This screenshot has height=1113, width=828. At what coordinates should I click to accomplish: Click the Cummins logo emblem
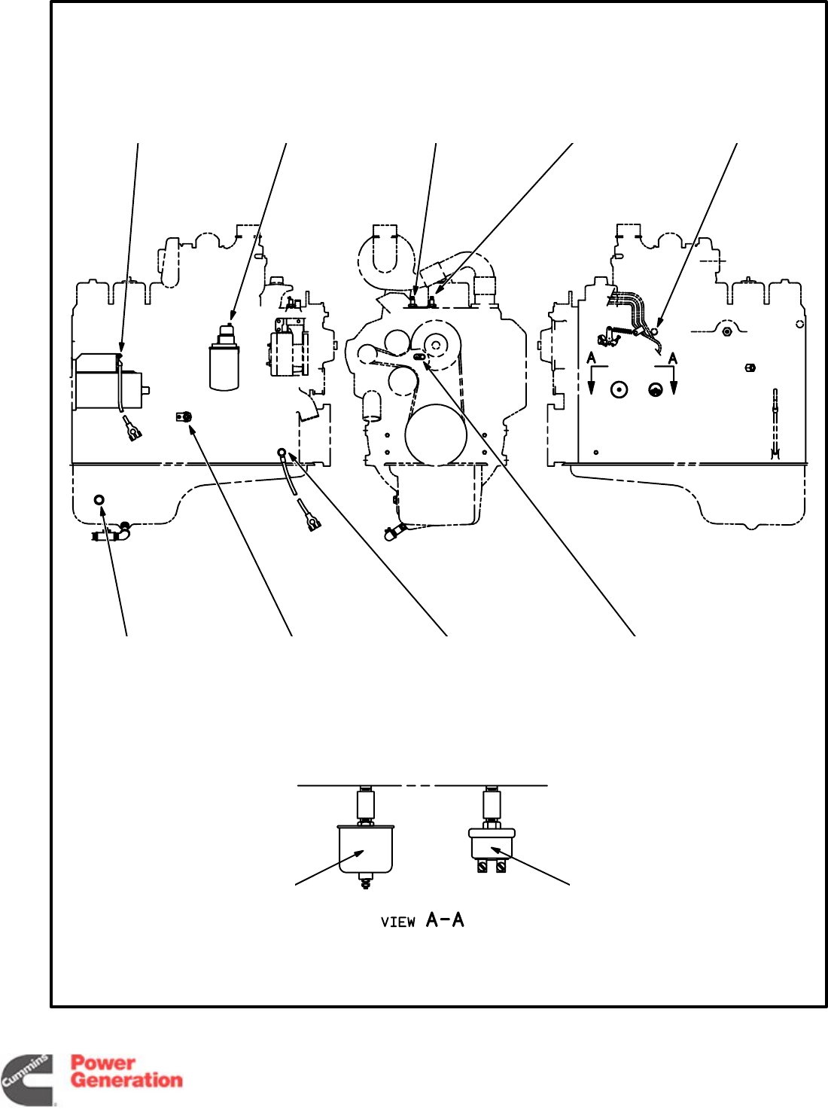point(27,1080)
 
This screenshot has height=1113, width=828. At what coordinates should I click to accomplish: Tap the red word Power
point(103,1063)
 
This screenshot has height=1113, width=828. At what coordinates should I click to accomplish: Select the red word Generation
point(126,1081)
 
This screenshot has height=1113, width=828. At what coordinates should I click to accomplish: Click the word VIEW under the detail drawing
point(397,922)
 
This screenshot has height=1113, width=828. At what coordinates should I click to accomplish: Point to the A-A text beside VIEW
point(445,919)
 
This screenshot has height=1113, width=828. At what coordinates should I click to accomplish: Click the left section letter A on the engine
point(592,358)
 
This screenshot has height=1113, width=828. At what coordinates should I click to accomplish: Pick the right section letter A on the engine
point(673,358)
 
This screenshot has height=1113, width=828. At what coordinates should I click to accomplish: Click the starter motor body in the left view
point(105,382)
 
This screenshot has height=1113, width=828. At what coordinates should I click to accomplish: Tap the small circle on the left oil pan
point(99,500)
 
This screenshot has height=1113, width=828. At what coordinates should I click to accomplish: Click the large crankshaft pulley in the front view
point(436,435)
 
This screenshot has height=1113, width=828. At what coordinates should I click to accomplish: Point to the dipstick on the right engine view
point(775,422)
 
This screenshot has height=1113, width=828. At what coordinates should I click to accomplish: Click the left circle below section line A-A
point(619,389)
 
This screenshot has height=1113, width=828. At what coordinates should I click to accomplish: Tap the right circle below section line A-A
point(656,389)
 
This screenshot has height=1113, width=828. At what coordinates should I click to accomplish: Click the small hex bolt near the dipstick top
point(750,367)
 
